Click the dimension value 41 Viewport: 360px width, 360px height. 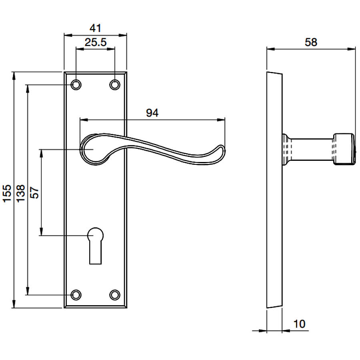click(x=95, y=28)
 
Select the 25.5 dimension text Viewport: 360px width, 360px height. click(x=96, y=42)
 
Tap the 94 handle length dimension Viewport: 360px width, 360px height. click(x=152, y=113)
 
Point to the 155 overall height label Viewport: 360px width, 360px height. click(x=7, y=193)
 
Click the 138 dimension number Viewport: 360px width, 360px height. click(x=21, y=193)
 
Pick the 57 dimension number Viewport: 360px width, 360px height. click(x=35, y=192)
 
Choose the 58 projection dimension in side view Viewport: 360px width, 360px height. click(x=311, y=42)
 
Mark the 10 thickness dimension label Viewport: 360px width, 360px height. click(x=299, y=324)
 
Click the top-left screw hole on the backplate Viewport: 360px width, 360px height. click(x=76, y=85)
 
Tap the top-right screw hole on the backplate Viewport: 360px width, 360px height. click(x=115, y=85)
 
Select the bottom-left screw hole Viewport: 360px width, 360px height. click(x=76, y=295)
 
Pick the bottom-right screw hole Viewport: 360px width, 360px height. click(x=115, y=295)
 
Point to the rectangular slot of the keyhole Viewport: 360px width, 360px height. click(x=95, y=252)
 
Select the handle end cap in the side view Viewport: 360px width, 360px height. click(x=344, y=149)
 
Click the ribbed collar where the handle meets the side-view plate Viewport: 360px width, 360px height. click(x=287, y=149)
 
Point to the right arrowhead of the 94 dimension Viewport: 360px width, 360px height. click(x=221, y=120)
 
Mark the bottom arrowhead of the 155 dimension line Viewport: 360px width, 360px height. click(x=14, y=304)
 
